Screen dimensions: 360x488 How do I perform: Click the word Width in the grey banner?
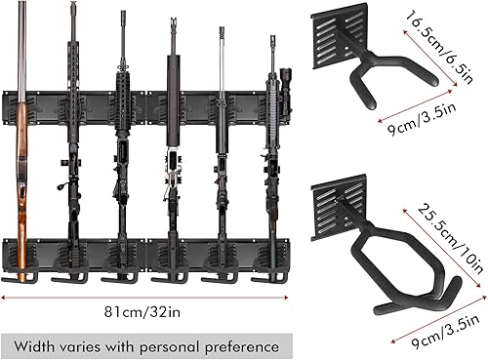(x=39, y=344)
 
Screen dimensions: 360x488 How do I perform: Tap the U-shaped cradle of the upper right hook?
(x=390, y=83)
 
